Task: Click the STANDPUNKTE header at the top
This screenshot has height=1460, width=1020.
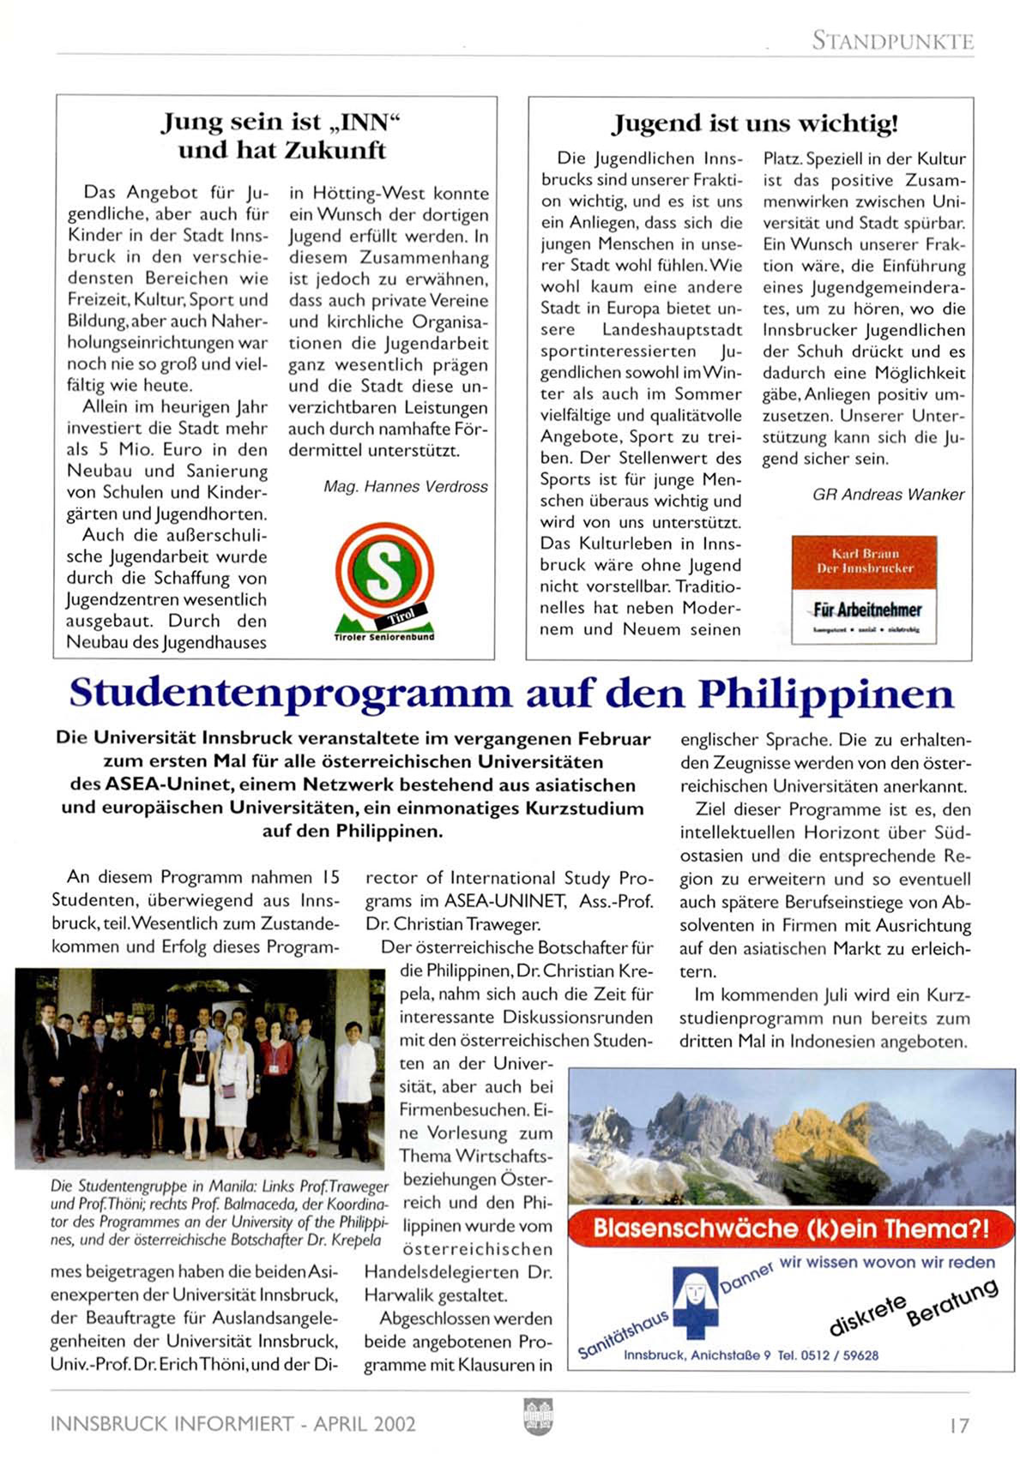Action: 892,40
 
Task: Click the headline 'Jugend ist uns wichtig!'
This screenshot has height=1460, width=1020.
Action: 754,124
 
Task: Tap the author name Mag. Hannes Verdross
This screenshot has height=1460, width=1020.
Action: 405,487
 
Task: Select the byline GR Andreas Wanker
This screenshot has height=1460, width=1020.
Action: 888,495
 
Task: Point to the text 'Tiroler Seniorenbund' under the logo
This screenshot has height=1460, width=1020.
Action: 383,637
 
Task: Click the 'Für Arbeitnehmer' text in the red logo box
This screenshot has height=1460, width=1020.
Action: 866,610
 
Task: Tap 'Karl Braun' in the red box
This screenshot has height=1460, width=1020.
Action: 865,554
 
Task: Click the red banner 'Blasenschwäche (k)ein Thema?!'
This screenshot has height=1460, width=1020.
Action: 790,1229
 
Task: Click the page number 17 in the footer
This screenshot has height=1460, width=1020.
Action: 958,1425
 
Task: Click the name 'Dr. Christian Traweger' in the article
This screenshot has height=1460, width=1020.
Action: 453,924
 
